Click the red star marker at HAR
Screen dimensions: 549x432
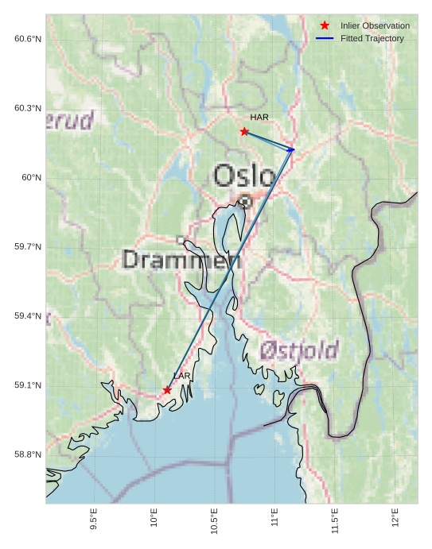coord(244,131)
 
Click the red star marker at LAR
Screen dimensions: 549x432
coord(167,390)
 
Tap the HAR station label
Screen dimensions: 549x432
coord(259,118)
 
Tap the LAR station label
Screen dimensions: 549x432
coord(182,376)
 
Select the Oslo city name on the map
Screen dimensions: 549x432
coord(244,176)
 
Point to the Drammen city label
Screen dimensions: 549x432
coord(181,259)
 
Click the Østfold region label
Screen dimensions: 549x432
coord(298,350)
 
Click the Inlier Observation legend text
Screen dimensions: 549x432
coord(375,25)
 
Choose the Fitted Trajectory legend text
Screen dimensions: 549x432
coord(372,38)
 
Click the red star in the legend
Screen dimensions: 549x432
coord(325,25)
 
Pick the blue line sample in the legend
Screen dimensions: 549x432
coord(325,38)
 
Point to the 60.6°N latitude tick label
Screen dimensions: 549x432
coord(27,39)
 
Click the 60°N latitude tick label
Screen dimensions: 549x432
coord(31,177)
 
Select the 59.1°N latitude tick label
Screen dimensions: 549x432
coord(27,385)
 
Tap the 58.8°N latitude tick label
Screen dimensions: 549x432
coord(27,454)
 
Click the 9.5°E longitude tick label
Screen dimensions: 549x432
coord(94,520)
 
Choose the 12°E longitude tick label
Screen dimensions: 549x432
coord(395,518)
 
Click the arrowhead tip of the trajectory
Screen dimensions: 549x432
coord(295,149)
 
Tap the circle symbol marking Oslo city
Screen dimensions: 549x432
coord(246,202)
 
